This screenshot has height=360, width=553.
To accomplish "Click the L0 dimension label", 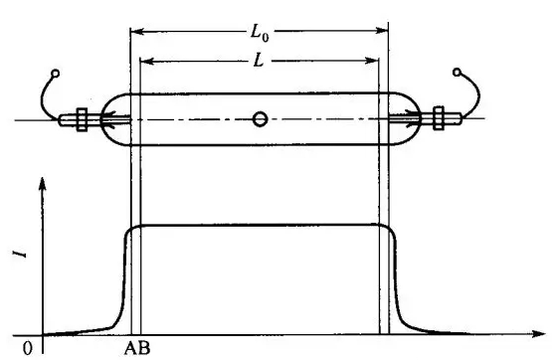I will pyautogui.click(x=259, y=33).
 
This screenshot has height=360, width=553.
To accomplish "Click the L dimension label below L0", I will pyautogui.click(x=259, y=62).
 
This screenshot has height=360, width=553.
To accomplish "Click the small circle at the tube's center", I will pyautogui.click(x=260, y=119).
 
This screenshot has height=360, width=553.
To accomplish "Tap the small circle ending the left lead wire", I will pyautogui.click(x=56, y=73).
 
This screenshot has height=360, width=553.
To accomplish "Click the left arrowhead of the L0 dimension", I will pyautogui.click(x=136, y=32).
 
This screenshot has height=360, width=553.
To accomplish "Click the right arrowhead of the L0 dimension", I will pyautogui.click(x=383, y=32).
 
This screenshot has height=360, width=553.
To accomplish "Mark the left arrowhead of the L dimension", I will pyautogui.click(x=146, y=61).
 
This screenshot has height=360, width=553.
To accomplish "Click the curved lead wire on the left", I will pyautogui.click(x=45, y=99).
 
